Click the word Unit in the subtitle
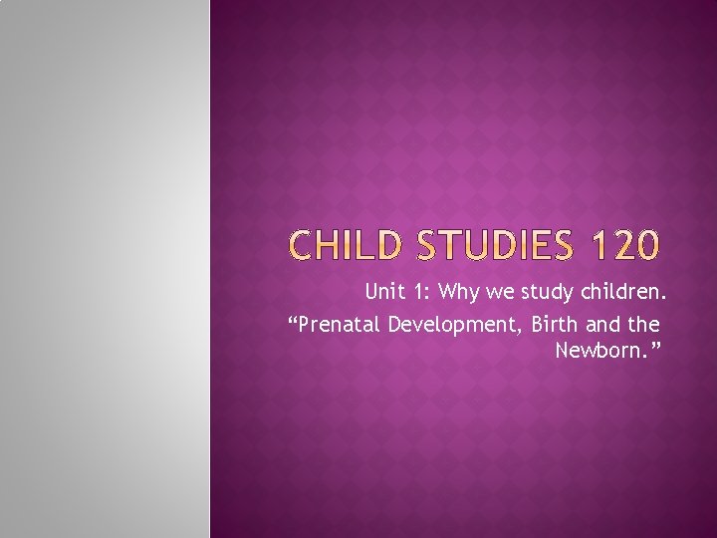383,292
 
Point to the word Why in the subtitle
460,292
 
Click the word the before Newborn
646,325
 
